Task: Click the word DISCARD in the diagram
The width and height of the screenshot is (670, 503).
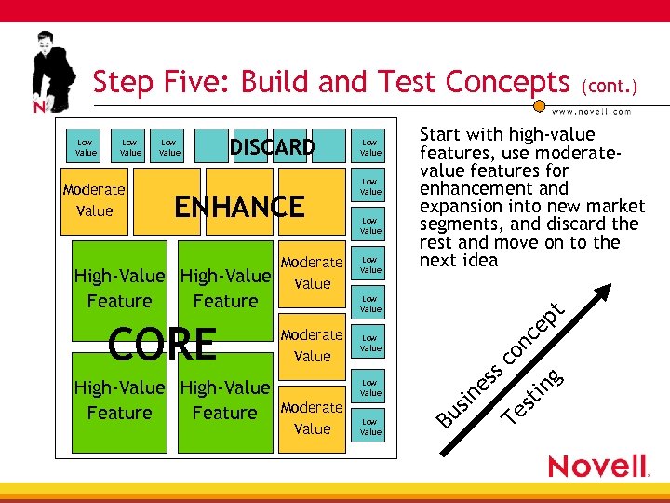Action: [272, 147]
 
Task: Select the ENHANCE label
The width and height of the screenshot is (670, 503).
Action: [240, 206]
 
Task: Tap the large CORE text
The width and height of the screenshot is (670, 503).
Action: [162, 344]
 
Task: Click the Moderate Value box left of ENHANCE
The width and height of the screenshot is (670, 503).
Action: [94, 200]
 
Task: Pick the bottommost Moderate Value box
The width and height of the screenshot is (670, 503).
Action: [312, 418]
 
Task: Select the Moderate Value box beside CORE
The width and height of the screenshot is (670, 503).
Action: [312, 345]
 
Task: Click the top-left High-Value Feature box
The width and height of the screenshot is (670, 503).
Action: [119, 288]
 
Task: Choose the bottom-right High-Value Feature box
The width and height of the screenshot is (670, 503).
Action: [224, 400]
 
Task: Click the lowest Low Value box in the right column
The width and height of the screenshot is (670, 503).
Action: [370, 427]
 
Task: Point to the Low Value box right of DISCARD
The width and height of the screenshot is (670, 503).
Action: [370, 147]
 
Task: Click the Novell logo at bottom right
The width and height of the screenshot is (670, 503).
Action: [597, 465]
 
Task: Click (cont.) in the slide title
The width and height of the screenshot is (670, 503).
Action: [610, 87]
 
